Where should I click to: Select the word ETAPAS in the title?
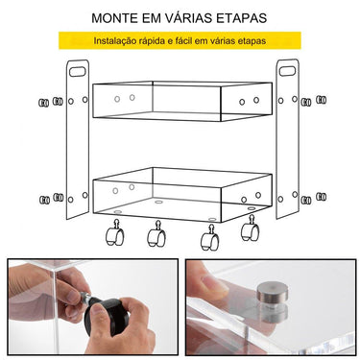(x=241, y=18)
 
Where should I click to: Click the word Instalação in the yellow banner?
(x=117, y=41)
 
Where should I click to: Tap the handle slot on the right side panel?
(x=286, y=70)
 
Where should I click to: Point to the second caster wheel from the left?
(x=155, y=233)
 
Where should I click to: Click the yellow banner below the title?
(x=180, y=41)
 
